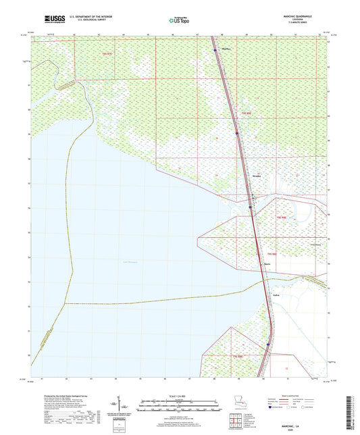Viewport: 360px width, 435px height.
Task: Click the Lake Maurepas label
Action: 130,261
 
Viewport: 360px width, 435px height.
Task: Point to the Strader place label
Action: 256,177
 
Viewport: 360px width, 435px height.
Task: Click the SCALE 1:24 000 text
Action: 180,396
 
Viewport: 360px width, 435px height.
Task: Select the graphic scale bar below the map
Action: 180,407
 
